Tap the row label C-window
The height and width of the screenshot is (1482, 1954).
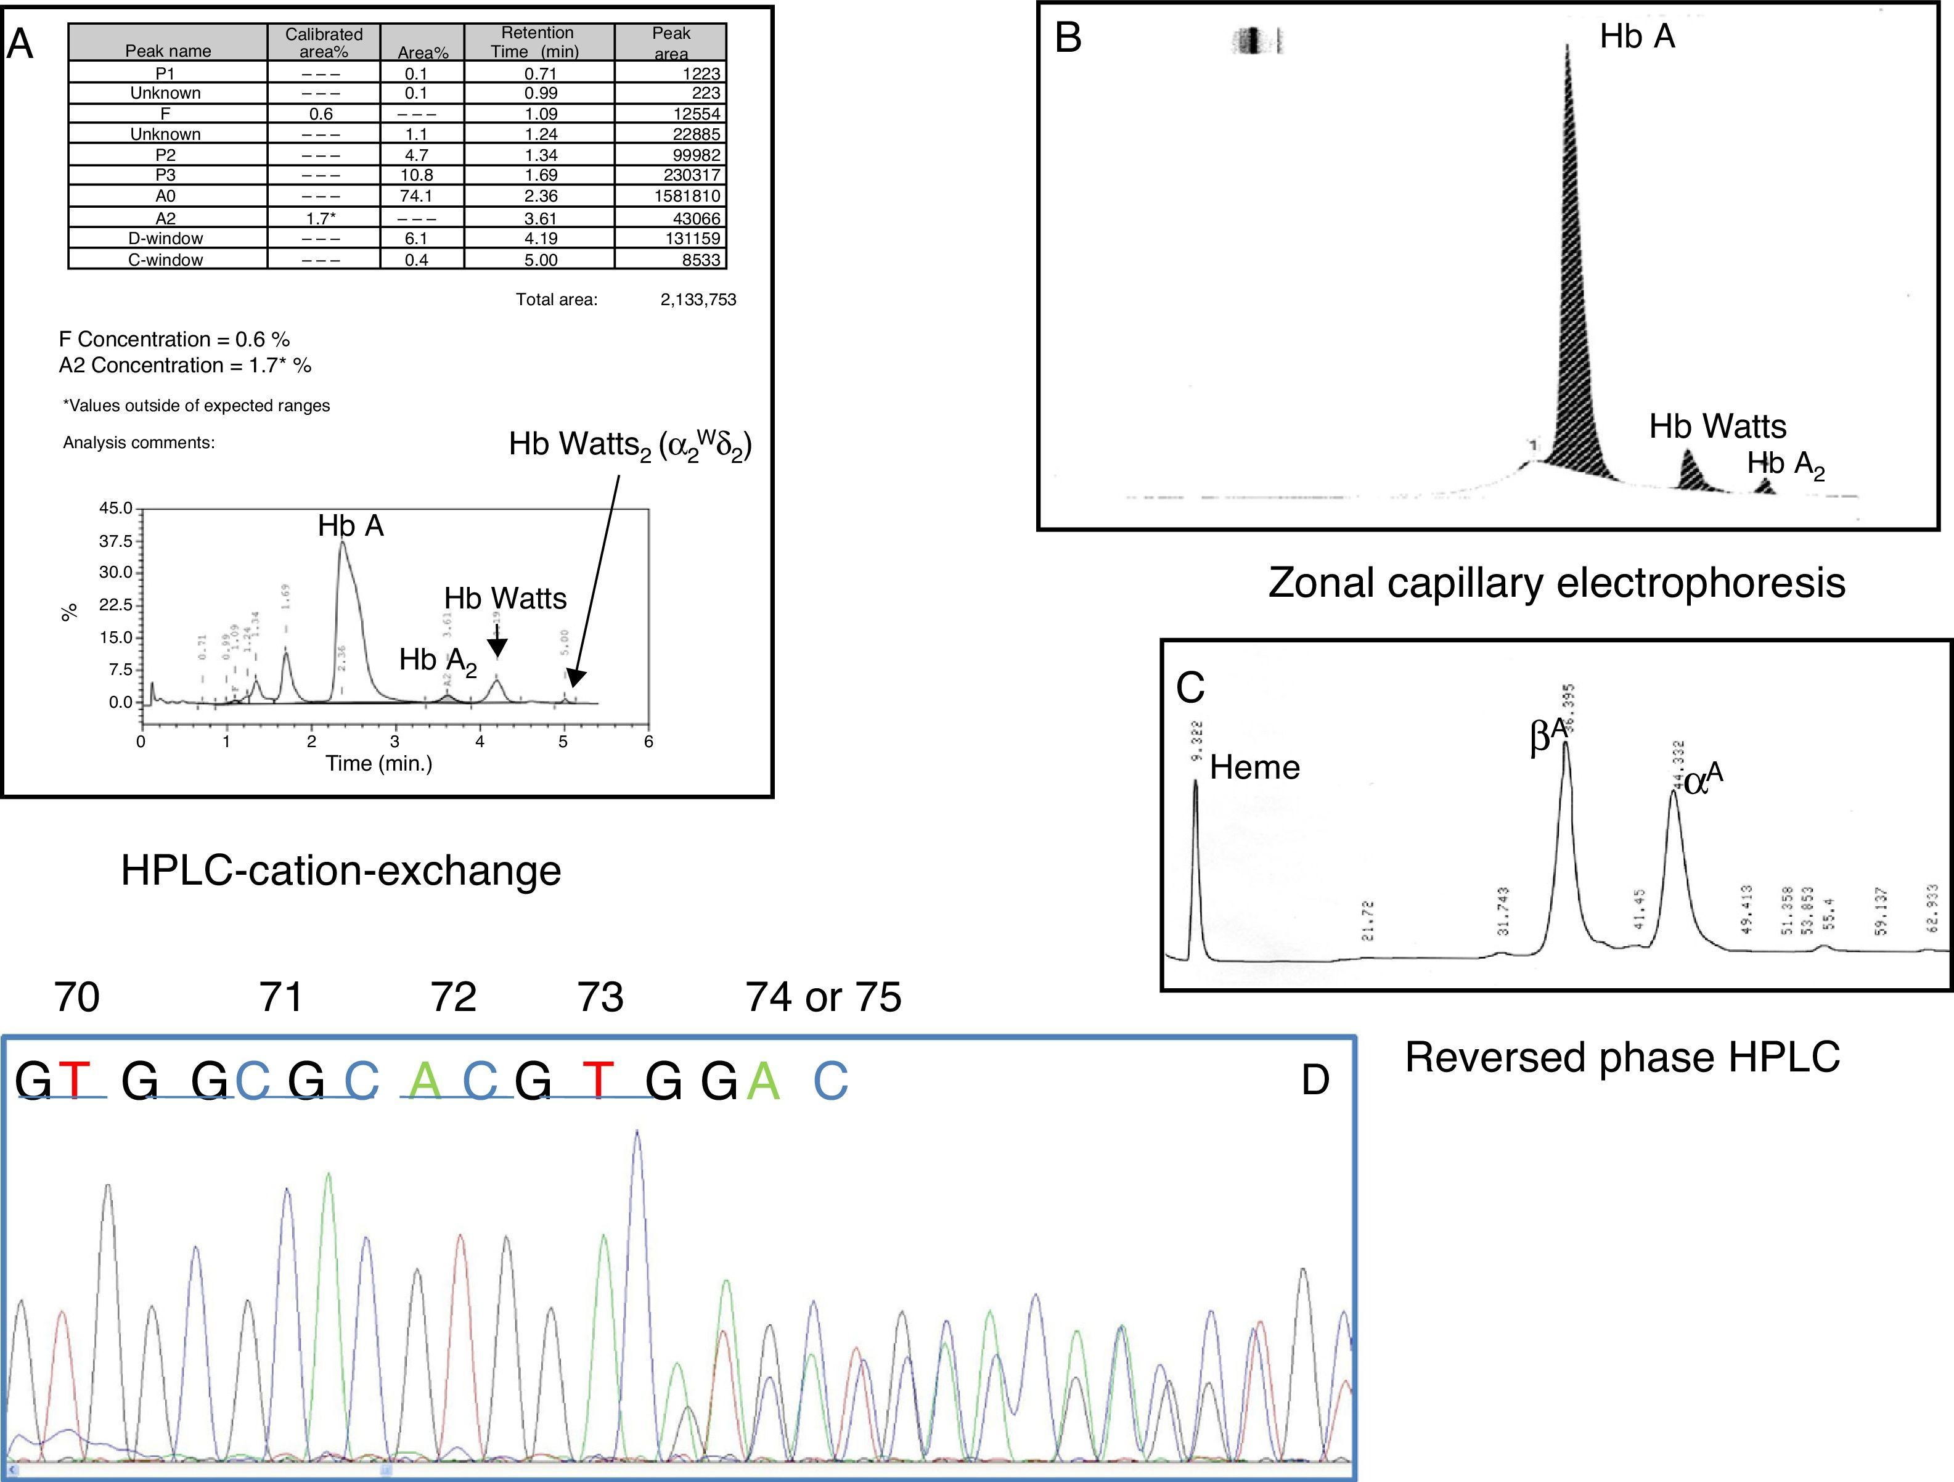click(165, 260)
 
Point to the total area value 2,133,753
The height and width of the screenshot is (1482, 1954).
click(698, 300)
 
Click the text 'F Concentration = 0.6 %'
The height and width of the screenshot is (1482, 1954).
click(174, 339)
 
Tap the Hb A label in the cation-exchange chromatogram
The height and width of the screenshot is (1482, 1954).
click(351, 526)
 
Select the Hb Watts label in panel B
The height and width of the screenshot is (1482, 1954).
click(1717, 427)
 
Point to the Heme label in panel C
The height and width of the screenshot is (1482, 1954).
click(1254, 767)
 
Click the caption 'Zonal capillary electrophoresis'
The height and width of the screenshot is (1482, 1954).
click(1556, 583)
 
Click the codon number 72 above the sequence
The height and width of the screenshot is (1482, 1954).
click(453, 997)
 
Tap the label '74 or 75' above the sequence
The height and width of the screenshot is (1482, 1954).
click(824, 997)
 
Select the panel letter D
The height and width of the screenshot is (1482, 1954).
click(1315, 1080)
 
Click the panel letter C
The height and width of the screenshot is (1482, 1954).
click(1190, 687)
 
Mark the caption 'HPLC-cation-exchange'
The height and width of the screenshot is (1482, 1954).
click(341, 871)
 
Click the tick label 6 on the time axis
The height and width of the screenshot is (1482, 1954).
click(648, 742)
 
